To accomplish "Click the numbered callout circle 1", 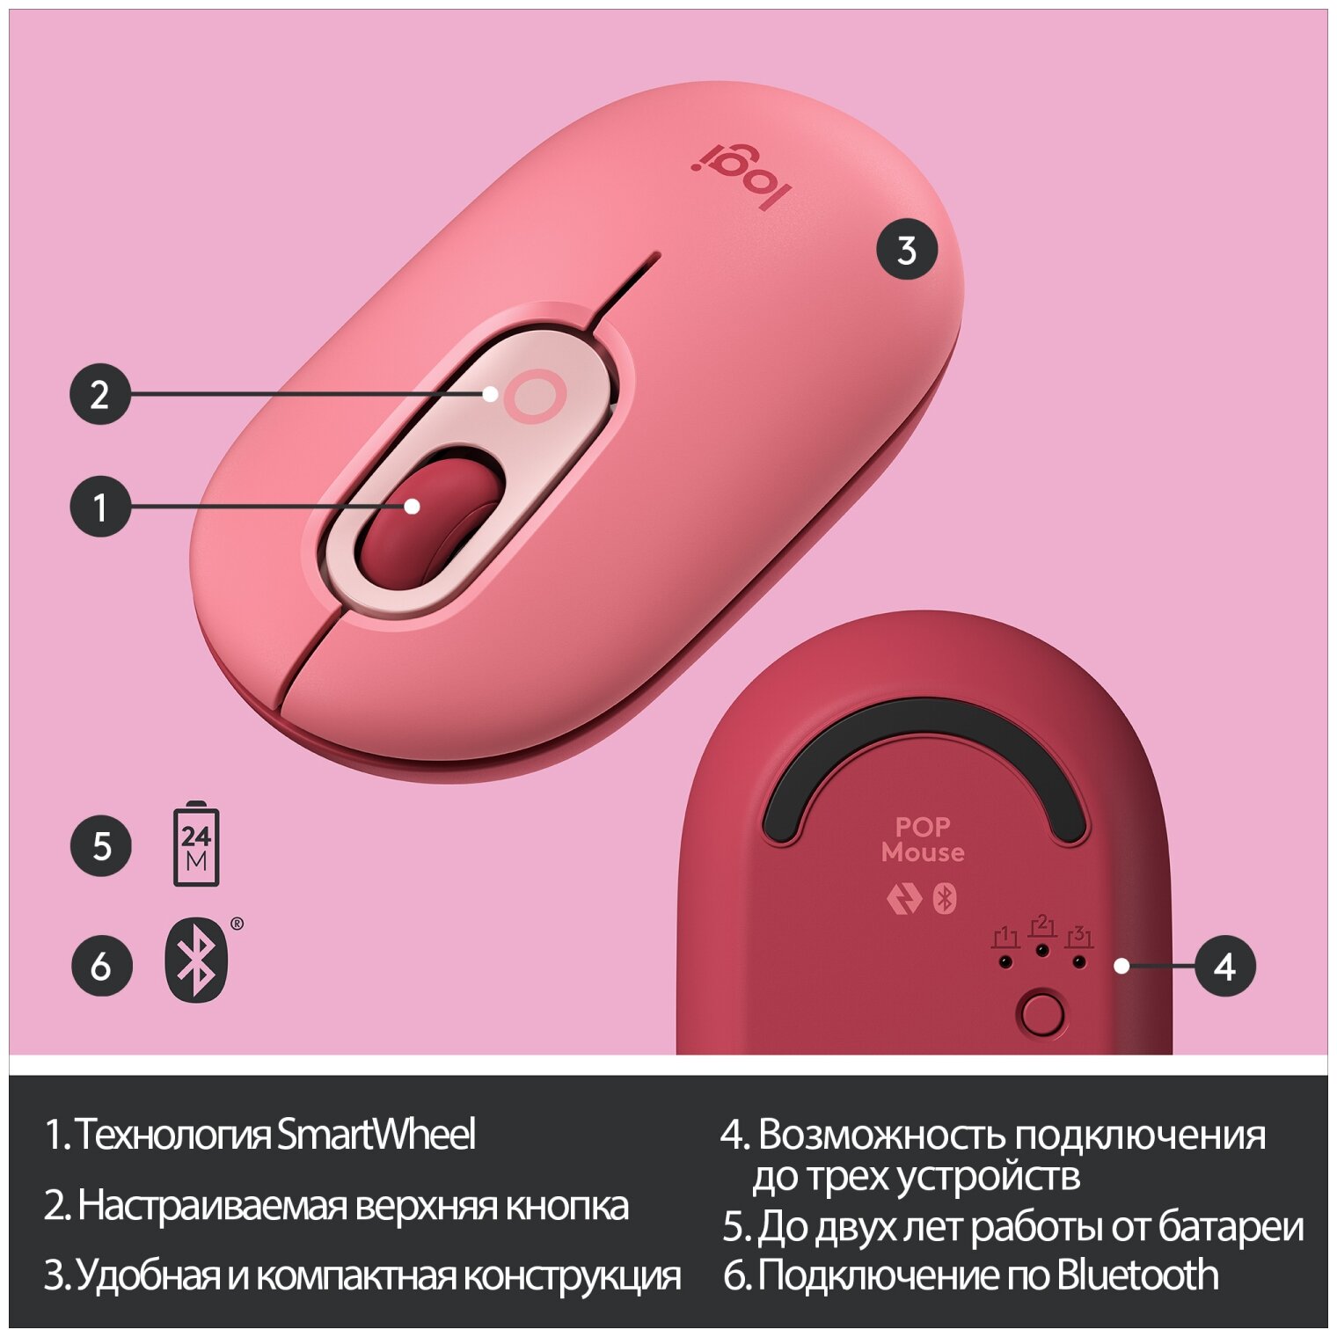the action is point(100,507).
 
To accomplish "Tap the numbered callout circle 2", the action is point(100,394).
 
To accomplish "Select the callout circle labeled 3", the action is point(907,250).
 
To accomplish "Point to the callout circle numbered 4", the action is point(1224,966).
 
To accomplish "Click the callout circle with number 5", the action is point(101,846).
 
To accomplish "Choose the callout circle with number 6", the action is point(101,966).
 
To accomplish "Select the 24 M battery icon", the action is point(196,844).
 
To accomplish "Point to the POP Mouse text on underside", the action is point(923,839).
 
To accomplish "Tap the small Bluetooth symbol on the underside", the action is point(945,898).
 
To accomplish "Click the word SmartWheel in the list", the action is point(376,1134).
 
